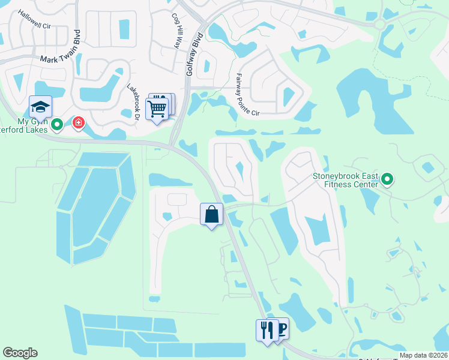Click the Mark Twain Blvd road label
coord(59,59)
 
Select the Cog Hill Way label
coord(176,31)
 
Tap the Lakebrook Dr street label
coord(133,99)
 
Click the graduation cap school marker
coord(40,106)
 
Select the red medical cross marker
coord(78,124)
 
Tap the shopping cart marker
coord(157,109)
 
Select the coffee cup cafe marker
coord(280,328)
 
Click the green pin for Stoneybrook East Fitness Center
coord(387,178)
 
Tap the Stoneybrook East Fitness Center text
coord(346,180)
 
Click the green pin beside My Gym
coord(57,125)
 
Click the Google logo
coord(20,353)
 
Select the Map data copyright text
coord(424,354)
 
